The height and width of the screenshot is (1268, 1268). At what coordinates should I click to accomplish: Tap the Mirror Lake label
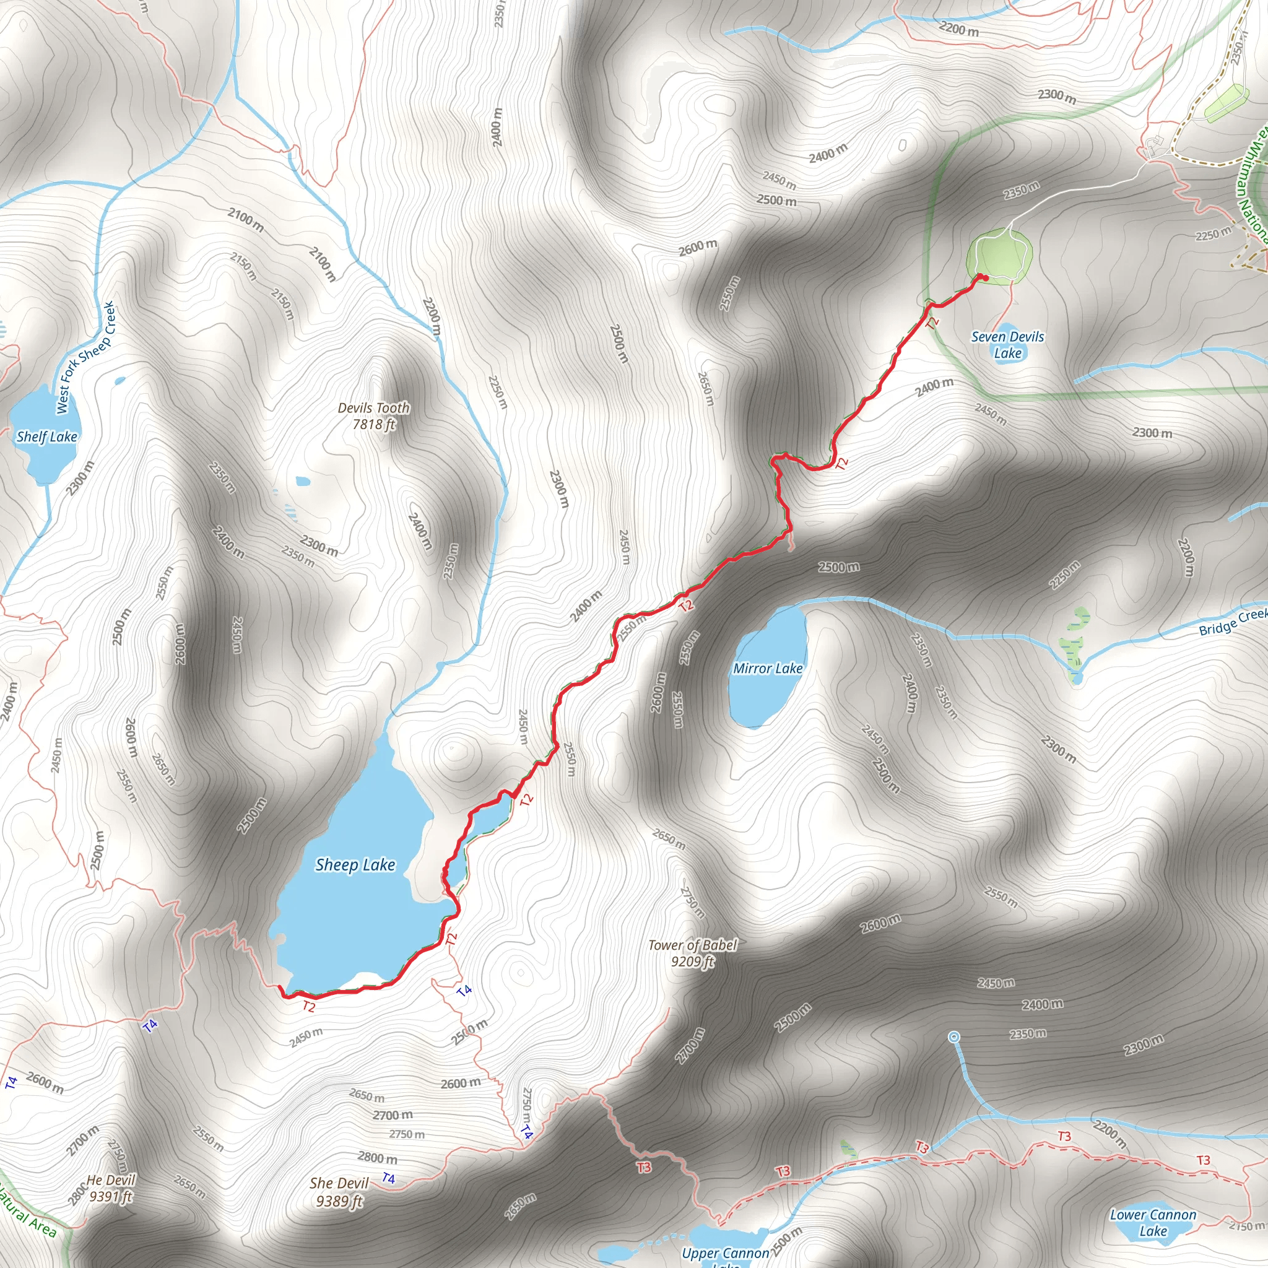(x=767, y=668)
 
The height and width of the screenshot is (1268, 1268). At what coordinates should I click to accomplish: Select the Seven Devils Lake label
(x=1007, y=345)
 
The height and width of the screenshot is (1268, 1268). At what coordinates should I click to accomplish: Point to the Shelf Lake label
(x=46, y=436)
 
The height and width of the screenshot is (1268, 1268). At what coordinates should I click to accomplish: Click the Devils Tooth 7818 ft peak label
(x=373, y=416)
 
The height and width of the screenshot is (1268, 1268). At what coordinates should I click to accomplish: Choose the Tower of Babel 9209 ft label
(x=692, y=953)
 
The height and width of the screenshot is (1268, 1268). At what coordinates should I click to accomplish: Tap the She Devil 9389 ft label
(x=339, y=1192)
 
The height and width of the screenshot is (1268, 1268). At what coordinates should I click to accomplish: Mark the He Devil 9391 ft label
(x=111, y=1188)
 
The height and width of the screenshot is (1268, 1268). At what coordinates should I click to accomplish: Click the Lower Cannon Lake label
(x=1153, y=1223)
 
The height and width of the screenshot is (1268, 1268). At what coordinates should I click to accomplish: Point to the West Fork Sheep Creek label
(x=85, y=358)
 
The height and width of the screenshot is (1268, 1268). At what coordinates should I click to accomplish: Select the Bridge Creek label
(x=1233, y=622)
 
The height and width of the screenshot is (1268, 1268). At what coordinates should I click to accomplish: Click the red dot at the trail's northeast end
(x=985, y=277)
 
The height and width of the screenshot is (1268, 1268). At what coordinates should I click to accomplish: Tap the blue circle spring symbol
(x=954, y=1036)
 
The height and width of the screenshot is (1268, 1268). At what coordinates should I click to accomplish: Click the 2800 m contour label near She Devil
(x=378, y=1158)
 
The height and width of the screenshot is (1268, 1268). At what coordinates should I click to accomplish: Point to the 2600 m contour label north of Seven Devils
(x=698, y=248)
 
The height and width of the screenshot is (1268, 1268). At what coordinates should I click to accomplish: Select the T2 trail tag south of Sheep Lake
(x=308, y=1006)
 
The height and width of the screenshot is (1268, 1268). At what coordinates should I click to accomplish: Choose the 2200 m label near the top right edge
(x=958, y=29)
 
